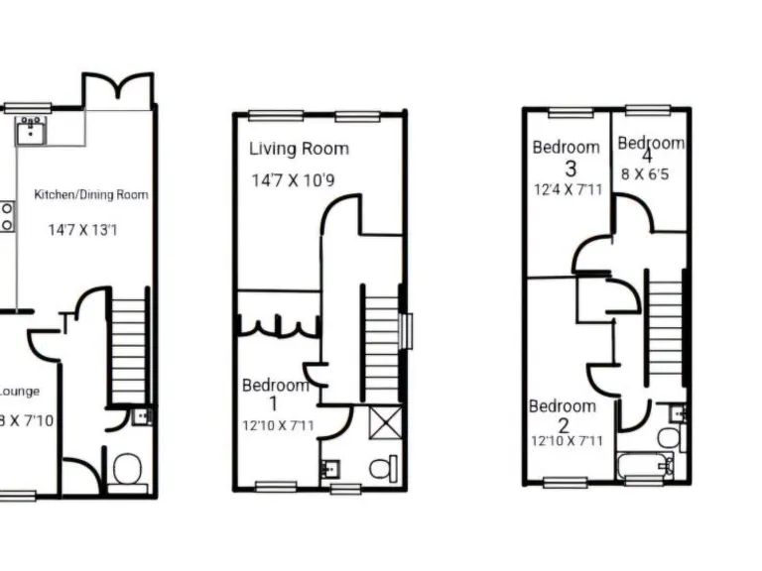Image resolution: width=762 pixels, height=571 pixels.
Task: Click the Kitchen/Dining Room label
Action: pyautogui.click(x=91, y=194)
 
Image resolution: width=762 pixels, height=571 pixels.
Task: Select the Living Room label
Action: pyautogui.click(x=299, y=149)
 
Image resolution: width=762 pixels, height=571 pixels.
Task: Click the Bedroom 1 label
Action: pyautogui.click(x=275, y=394)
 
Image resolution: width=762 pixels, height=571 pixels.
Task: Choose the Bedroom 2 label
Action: pyautogui.click(x=563, y=414)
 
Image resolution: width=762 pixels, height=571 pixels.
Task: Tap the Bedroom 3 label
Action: pyautogui.click(x=567, y=157)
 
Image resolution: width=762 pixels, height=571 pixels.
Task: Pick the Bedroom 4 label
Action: pyautogui.click(x=650, y=149)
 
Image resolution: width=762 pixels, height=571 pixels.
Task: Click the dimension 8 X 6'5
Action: pyautogui.click(x=647, y=173)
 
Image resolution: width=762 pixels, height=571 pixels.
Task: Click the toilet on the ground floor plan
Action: pyautogui.click(x=127, y=468)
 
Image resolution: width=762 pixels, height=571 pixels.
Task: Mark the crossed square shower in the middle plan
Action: pyautogui.click(x=384, y=422)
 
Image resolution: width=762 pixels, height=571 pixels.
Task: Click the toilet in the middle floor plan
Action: pyautogui.click(x=384, y=466)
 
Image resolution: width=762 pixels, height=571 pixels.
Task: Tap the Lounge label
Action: pyautogui.click(x=20, y=391)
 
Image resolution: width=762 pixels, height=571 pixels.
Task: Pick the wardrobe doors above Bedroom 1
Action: pyautogui.click(x=278, y=326)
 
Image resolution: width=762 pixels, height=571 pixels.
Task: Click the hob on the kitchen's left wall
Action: pyautogui.click(x=6, y=216)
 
